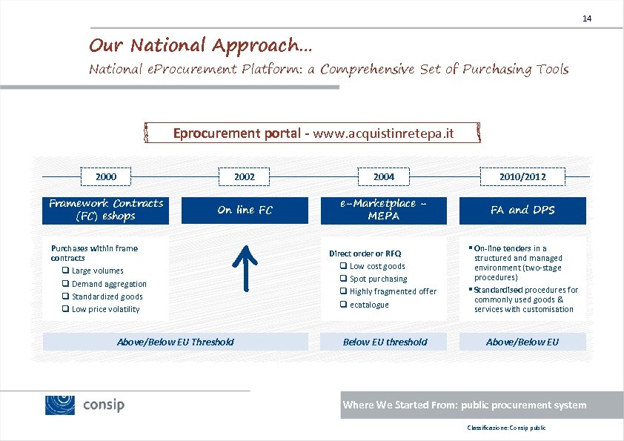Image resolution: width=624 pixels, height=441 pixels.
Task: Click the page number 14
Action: [x=587, y=18]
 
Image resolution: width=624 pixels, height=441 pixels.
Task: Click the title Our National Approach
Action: [x=200, y=45]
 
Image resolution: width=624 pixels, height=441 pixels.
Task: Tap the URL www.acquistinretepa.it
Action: [x=383, y=133]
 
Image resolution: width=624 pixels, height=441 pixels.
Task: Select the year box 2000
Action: [x=106, y=176]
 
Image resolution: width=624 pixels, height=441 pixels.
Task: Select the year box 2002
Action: [x=245, y=177]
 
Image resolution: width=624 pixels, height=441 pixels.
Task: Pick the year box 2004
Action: [x=384, y=177]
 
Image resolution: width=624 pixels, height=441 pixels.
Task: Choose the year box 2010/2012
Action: [x=522, y=177]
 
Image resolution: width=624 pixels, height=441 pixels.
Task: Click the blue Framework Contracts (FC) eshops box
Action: [x=106, y=210]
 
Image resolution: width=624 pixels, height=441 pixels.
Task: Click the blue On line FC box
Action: [x=245, y=210]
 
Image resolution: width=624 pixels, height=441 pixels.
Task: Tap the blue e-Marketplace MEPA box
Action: [x=384, y=210]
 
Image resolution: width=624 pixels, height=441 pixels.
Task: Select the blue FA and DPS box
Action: [x=522, y=210]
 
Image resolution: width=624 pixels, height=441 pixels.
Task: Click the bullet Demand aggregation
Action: [x=109, y=284]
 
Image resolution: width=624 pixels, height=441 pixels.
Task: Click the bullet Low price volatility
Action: [x=105, y=309]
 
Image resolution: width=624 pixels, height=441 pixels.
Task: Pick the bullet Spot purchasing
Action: [x=378, y=279]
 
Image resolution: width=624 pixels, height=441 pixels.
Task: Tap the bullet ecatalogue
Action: [x=369, y=305]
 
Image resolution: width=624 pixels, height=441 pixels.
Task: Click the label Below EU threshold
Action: [x=385, y=342]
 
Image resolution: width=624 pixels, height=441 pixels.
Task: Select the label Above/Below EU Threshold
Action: [x=176, y=342]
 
